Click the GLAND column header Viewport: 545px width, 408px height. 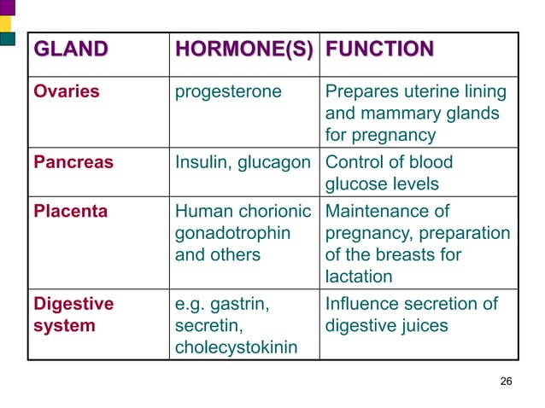(71, 50)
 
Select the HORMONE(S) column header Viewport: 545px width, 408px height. (243, 50)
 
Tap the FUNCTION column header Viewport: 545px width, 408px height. (379, 50)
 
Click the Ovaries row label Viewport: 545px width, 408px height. (67, 91)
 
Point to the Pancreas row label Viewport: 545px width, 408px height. (73, 162)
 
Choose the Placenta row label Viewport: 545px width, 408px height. (70, 211)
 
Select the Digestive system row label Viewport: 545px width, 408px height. (73, 315)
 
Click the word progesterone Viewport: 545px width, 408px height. (228, 91)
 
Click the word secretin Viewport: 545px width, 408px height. (205, 326)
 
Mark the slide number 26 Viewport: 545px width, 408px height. (506, 380)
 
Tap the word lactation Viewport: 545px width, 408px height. (359, 277)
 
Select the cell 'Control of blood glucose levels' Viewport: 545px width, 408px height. (390, 173)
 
